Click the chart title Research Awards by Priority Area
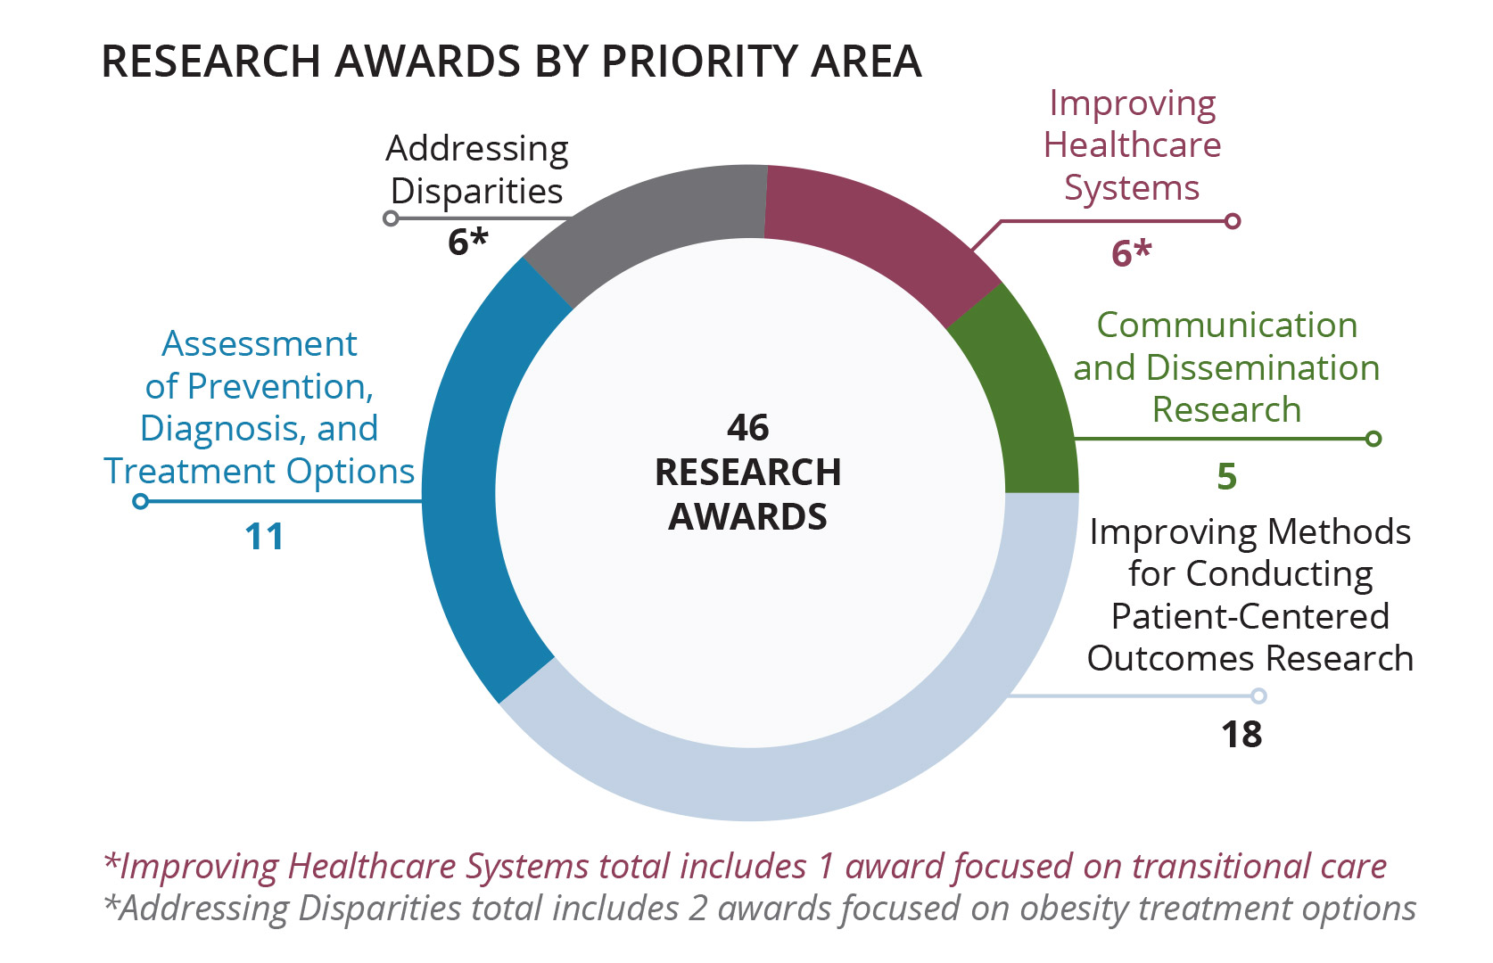click(511, 62)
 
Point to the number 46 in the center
click(747, 428)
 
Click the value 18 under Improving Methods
click(1241, 735)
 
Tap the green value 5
click(1227, 476)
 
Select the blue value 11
click(265, 537)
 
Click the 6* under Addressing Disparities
click(468, 242)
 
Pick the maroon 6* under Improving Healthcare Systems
click(1131, 252)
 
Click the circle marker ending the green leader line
click(1373, 439)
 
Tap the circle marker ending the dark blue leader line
click(140, 501)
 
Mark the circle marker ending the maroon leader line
click(1233, 220)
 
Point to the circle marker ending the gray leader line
click(392, 218)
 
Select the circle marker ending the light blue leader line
click(1258, 695)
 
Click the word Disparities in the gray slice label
click(476, 192)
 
